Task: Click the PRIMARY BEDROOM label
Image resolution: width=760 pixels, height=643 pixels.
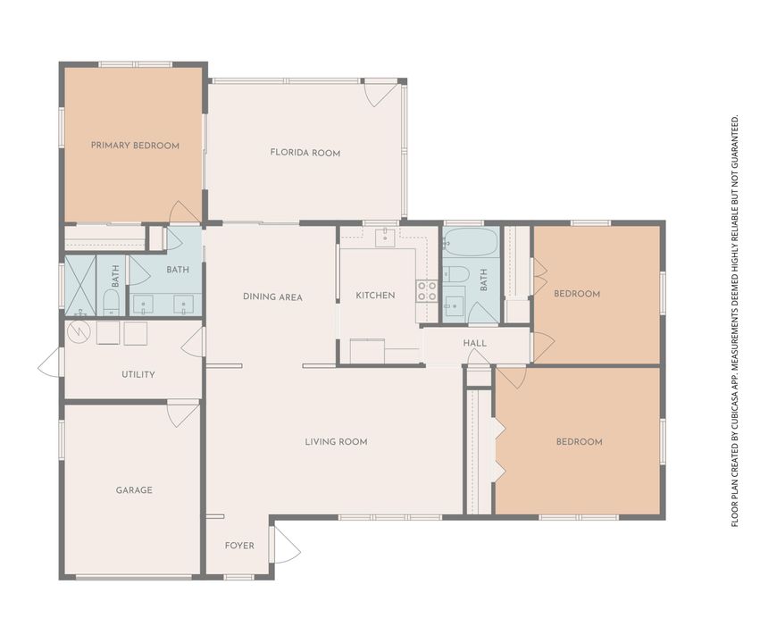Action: (x=135, y=146)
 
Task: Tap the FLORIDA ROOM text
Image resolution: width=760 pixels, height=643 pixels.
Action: (x=305, y=153)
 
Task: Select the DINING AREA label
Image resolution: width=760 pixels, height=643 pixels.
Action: (x=272, y=296)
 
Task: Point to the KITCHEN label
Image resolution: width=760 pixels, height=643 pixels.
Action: (x=375, y=296)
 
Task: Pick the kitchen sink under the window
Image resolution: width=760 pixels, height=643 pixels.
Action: (x=385, y=238)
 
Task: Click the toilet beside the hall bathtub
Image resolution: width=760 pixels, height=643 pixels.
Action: (x=455, y=274)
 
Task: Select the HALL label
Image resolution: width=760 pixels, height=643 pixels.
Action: (x=474, y=344)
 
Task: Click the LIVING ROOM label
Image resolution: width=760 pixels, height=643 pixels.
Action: (x=336, y=441)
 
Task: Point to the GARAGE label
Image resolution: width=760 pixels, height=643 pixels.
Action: (x=134, y=489)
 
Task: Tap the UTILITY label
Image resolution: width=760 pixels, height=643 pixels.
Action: (x=138, y=374)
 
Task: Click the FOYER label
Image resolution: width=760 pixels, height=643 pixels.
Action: (x=239, y=546)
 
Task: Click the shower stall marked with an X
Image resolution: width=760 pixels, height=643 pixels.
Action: (x=80, y=286)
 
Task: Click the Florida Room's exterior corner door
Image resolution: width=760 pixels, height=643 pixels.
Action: (x=381, y=93)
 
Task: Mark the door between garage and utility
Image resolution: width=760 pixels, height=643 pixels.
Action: (x=183, y=413)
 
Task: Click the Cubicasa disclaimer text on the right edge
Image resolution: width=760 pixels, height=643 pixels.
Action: (x=735, y=321)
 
